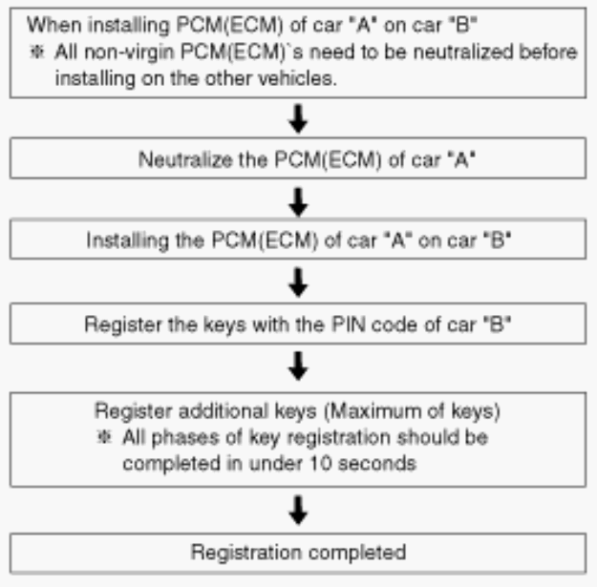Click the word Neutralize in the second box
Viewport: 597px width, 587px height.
(x=185, y=159)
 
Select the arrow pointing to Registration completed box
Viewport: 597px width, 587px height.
(x=298, y=510)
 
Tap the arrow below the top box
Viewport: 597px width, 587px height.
(x=298, y=118)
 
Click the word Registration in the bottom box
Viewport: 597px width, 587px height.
(x=246, y=552)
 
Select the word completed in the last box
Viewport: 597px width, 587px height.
(x=357, y=553)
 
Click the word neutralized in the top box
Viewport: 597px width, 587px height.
(x=463, y=52)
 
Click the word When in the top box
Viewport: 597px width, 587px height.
(x=54, y=25)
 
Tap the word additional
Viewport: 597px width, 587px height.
(x=224, y=410)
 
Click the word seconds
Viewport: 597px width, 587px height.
(x=376, y=464)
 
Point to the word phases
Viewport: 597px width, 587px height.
(x=185, y=438)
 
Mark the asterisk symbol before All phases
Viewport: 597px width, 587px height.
(x=104, y=437)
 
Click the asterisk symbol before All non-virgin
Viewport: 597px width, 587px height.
(x=37, y=52)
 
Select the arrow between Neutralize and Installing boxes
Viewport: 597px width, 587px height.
(x=298, y=202)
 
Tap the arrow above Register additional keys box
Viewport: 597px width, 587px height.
(x=298, y=366)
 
